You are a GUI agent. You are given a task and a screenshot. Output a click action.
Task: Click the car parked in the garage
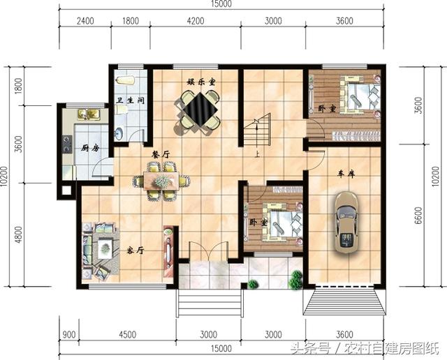(x=346, y=223)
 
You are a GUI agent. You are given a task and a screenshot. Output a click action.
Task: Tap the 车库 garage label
(x=346, y=174)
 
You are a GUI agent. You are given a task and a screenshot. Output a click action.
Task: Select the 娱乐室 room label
(x=201, y=82)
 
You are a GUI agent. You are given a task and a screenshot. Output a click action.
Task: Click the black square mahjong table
(x=200, y=110)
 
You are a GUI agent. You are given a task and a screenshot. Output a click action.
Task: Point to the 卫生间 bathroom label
(x=131, y=100)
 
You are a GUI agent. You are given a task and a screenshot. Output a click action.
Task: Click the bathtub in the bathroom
(x=125, y=80)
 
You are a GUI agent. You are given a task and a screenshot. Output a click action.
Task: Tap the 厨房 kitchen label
(x=90, y=148)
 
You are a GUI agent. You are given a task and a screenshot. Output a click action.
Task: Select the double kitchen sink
(x=89, y=114)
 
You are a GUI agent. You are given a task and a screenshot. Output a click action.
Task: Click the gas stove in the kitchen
(x=67, y=144)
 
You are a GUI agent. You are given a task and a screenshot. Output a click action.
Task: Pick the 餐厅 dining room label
(x=161, y=155)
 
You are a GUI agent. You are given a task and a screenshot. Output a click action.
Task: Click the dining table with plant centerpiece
(x=161, y=181)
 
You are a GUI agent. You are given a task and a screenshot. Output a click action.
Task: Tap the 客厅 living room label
(x=135, y=250)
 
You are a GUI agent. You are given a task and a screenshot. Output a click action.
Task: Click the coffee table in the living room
(x=105, y=249)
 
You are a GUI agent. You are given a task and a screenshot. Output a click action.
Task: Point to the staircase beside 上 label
(x=256, y=130)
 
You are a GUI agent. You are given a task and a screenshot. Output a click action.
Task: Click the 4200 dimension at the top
(x=196, y=21)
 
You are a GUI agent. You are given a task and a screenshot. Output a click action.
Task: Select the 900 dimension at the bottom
(x=69, y=334)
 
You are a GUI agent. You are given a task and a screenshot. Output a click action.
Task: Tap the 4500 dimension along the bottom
(x=127, y=334)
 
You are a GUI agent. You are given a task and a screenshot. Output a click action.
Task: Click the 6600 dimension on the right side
(x=418, y=216)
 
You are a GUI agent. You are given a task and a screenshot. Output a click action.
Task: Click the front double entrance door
(x=208, y=251)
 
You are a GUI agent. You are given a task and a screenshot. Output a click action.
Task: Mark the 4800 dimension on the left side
(x=18, y=234)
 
